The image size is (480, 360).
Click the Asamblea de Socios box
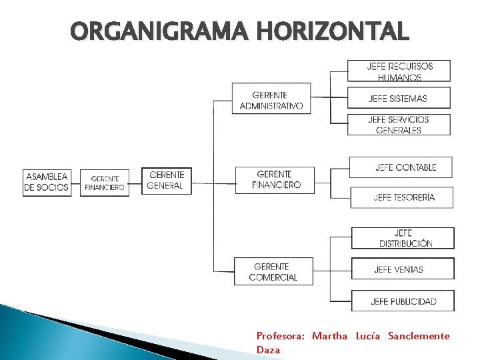47,182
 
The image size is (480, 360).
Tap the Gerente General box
167,180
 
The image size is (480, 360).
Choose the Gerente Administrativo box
271,99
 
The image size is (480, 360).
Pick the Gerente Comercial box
273,271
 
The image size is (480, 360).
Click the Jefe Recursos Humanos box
399,71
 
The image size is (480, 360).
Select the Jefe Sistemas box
399,98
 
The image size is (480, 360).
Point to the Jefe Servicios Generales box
399,125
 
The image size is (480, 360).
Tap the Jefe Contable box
401,167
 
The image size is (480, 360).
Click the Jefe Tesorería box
402,197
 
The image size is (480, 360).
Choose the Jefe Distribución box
403,238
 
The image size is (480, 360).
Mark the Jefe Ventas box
403,269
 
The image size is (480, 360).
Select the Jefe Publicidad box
403,301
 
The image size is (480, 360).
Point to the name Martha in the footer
329,336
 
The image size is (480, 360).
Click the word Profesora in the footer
281,336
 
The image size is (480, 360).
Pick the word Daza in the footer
269,349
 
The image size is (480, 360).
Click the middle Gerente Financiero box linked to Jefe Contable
275,180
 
